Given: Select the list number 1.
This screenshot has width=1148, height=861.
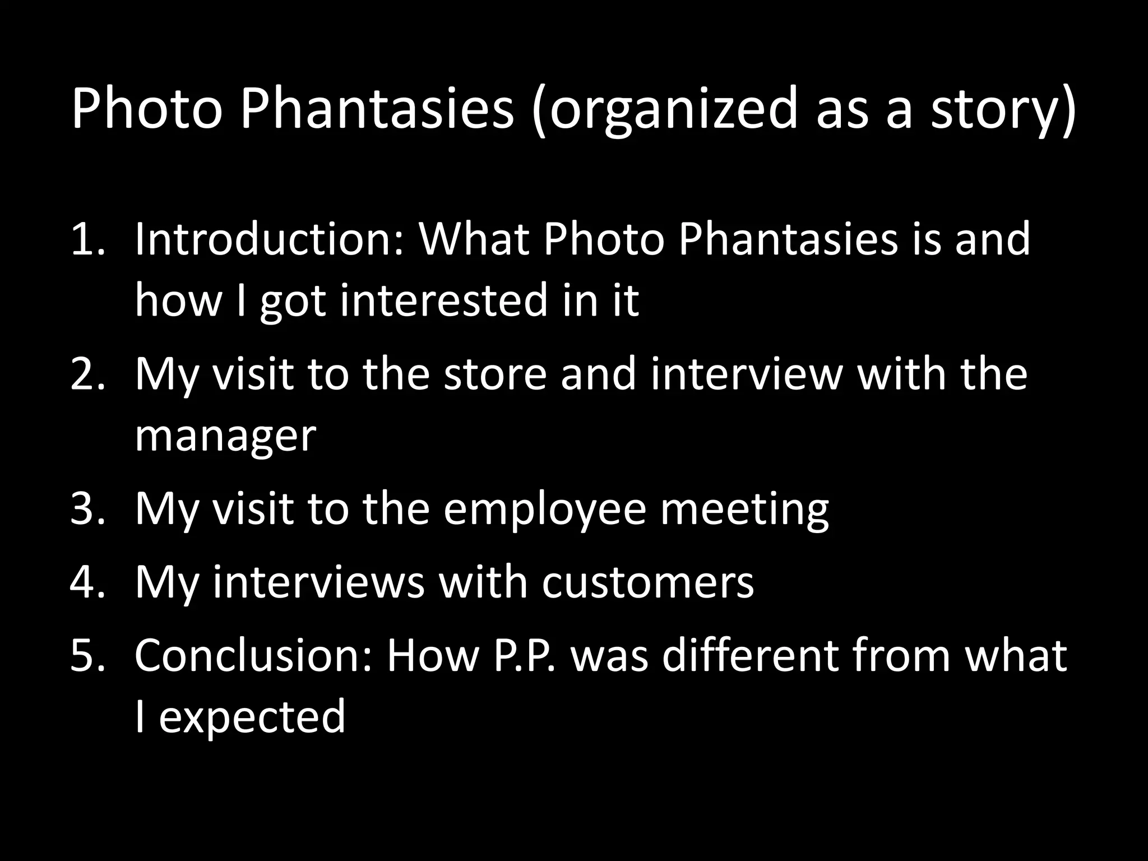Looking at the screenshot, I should pyautogui.click(x=87, y=239).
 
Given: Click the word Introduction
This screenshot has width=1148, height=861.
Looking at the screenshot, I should pyautogui.click(x=269, y=239).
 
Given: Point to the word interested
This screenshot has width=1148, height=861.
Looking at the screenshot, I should pyautogui.click(x=446, y=299).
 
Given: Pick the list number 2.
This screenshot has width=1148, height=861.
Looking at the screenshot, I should pyautogui.click(x=87, y=374).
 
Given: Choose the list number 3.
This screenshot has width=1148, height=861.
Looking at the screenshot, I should pyautogui.click(x=87, y=508).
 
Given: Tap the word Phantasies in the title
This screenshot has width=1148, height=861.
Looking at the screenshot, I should pyautogui.click(x=377, y=109).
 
